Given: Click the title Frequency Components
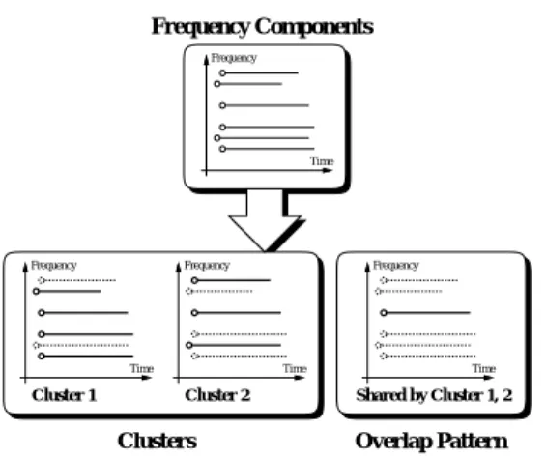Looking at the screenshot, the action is click(x=263, y=27).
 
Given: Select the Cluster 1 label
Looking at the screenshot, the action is click(x=64, y=395).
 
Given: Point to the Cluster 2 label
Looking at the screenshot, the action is click(x=217, y=395).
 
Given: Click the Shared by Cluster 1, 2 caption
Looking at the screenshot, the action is click(x=434, y=395).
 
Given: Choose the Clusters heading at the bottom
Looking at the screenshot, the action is click(x=158, y=441).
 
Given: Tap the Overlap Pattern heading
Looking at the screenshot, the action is click(x=431, y=442).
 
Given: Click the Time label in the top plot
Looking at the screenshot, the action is click(x=322, y=161).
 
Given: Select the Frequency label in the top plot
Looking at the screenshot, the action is click(x=234, y=58).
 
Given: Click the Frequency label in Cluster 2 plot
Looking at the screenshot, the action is click(x=207, y=266).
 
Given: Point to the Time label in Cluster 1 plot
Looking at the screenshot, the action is click(x=142, y=368).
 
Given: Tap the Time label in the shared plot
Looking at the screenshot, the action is click(x=484, y=368).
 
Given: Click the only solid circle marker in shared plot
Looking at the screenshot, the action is click(x=384, y=313).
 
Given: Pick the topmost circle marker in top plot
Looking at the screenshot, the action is click(x=222, y=73).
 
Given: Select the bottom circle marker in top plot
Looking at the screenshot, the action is click(x=222, y=149).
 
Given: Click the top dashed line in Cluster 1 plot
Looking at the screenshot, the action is click(x=76, y=280).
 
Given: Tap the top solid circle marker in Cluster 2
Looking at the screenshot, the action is click(x=194, y=280).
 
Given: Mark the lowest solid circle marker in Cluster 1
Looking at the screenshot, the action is click(x=42, y=356).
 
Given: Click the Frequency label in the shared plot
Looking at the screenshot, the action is click(x=395, y=266).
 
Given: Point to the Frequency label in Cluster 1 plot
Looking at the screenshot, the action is click(x=53, y=266).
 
